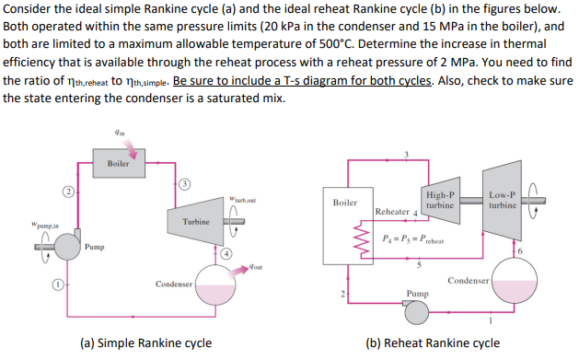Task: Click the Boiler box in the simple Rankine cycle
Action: coord(117,164)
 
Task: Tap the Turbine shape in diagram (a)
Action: coord(195,222)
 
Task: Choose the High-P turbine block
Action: coord(439,201)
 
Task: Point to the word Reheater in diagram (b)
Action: coord(391,212)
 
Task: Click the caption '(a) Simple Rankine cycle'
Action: coord(155,343)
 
